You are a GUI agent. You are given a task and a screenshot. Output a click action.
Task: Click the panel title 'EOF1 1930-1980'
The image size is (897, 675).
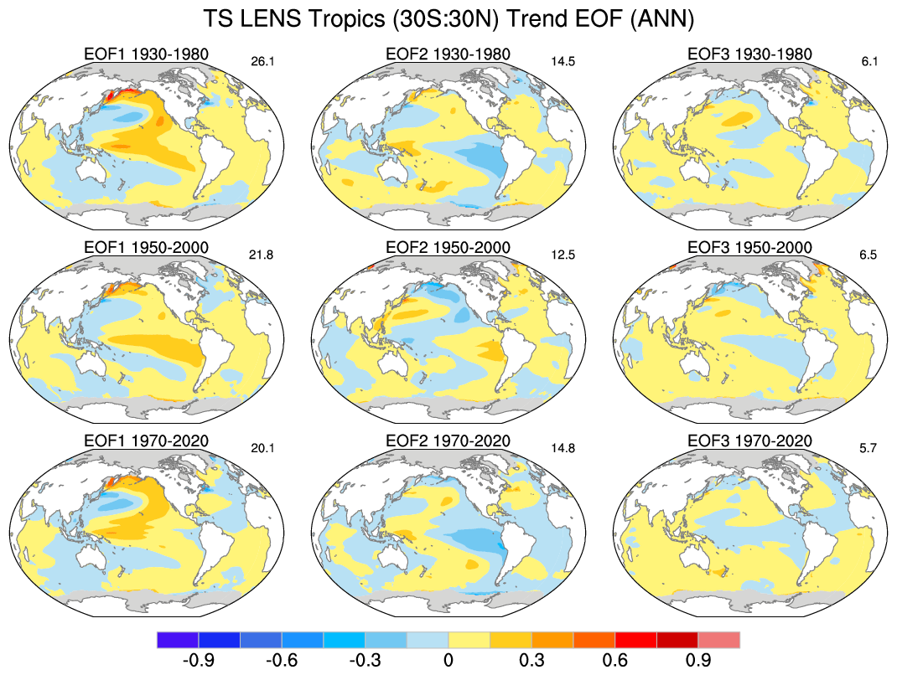(x=146, y=54)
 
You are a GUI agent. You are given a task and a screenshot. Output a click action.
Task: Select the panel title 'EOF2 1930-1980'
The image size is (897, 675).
(x=448, y=54)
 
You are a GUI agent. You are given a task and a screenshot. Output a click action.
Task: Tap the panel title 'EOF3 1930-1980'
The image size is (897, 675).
(x=749, y=54)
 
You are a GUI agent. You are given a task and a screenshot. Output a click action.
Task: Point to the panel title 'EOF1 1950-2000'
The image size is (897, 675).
(x=146, y=248)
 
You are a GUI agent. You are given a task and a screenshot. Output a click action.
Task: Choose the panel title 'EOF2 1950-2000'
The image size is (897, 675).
(x=448, y=248)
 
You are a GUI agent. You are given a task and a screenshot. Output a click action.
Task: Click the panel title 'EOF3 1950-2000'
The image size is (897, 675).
(x=749, y=248)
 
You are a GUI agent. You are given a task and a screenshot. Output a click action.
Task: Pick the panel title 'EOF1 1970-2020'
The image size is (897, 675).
(x=146, y=441)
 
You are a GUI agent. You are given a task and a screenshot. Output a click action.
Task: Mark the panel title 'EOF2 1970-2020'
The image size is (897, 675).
(x=448, y=441)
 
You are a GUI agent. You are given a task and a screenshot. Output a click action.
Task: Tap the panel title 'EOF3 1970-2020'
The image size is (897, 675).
(x=749, y=441)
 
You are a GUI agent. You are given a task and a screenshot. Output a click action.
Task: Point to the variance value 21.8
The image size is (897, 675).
(x=263, y=255)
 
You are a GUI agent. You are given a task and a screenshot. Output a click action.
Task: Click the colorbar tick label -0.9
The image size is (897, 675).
(x=198, y=661)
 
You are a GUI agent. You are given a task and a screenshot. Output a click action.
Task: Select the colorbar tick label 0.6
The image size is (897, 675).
(x=614, y=661)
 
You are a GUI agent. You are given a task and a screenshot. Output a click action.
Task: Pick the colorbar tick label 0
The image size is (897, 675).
(x=448, y=661)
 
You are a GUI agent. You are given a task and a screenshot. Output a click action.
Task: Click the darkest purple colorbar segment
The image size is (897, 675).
(x=178, y=640)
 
